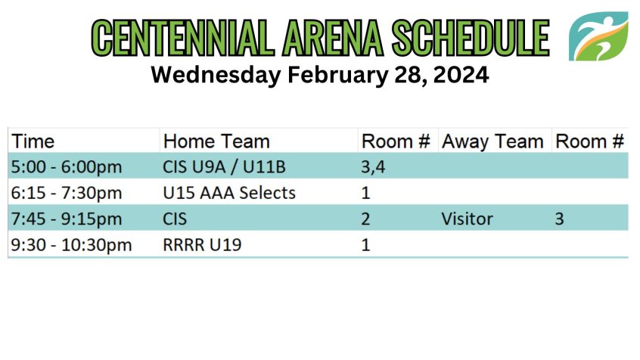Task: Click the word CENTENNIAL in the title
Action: click(x=183, y=38)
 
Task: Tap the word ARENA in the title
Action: click(x=333, y=38)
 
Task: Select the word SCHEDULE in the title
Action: click(x=471, y=38)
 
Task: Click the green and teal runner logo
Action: click(x=598, y=36)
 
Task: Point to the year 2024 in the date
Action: click(x=461, y=75)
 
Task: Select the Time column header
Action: click(x=33, y=141)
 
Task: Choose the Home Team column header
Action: click(x=216, y=141)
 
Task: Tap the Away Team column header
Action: click(x=492, y=142)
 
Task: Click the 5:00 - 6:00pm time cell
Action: click(x=67, y=167)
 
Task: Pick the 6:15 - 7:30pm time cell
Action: click(x=67, y=193)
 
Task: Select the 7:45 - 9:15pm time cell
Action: click(x=67, y=219)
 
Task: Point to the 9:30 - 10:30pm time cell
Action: click(x=71, y=245)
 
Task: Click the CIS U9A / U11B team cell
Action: click(x=224, y=167)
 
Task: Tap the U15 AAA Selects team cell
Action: click(x=229, y=193)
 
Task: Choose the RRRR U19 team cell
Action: click(x=202, y=245)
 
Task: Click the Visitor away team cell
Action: click(x=467, y=219)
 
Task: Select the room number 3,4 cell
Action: click(x=373, y=167)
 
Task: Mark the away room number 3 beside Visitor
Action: click(x=559, y=219)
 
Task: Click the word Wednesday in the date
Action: click(x=216, y=76)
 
